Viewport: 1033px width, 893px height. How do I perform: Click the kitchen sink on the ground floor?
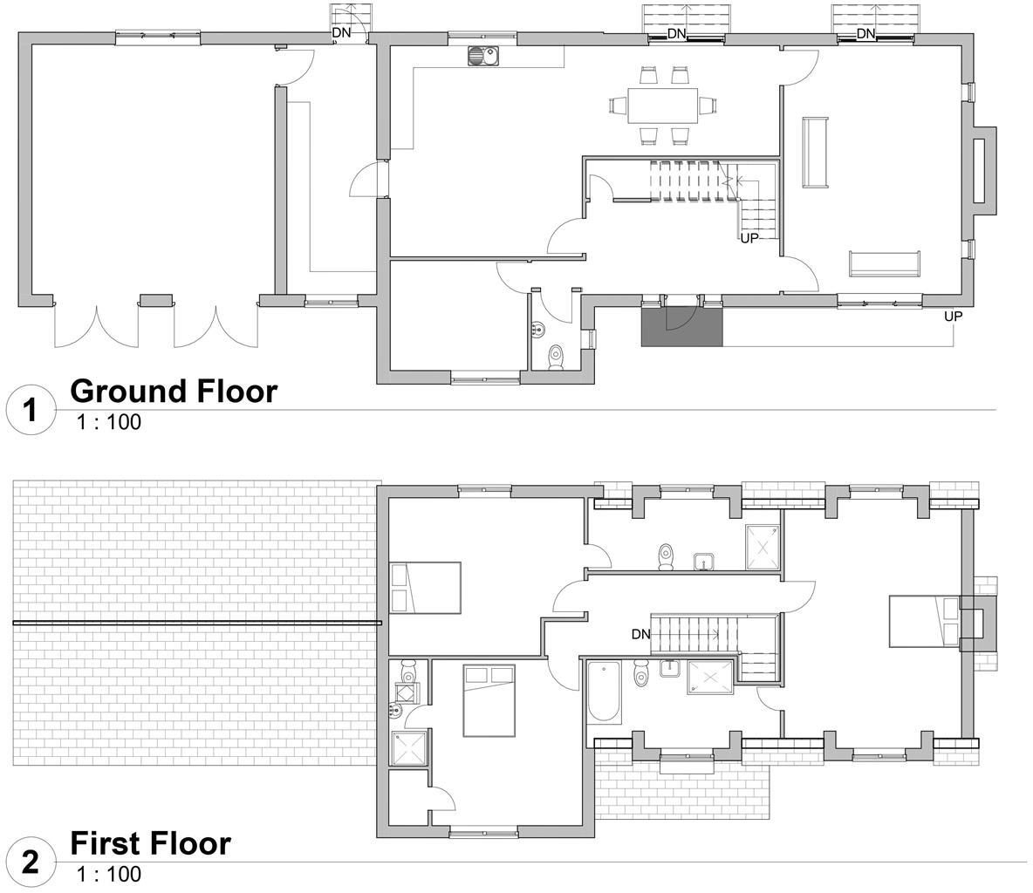tap(482, 56)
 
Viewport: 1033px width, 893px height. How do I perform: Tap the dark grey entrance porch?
tap(682, 326)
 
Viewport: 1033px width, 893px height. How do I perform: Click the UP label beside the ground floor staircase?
tap(749, 238)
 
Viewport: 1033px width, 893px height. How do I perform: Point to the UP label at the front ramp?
tap(953, 317)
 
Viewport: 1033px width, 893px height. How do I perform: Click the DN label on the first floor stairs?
tap(641, 634)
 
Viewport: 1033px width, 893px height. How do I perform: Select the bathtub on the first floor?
tap(604, 692)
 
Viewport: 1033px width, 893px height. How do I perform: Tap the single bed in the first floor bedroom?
tap(425, 588)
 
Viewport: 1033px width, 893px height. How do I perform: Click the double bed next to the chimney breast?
tap(923, 621)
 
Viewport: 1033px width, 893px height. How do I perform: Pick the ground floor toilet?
tap(556, 356)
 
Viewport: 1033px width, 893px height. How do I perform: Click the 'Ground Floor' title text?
tap(174, 391)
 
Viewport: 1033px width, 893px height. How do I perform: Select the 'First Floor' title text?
tap(150, 843)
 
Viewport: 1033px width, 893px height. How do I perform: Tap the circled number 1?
tap(31, 409)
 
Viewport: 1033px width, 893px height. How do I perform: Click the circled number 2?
tap(31, 862)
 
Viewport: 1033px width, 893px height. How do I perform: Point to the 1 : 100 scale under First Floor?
tap(109, 874)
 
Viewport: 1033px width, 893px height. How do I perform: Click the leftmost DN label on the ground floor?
tap(341, 33)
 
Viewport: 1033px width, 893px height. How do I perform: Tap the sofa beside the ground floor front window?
tap(884, 262)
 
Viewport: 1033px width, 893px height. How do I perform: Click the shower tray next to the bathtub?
tap(711, 678)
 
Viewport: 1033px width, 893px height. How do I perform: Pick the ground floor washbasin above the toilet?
tap(538, 330)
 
